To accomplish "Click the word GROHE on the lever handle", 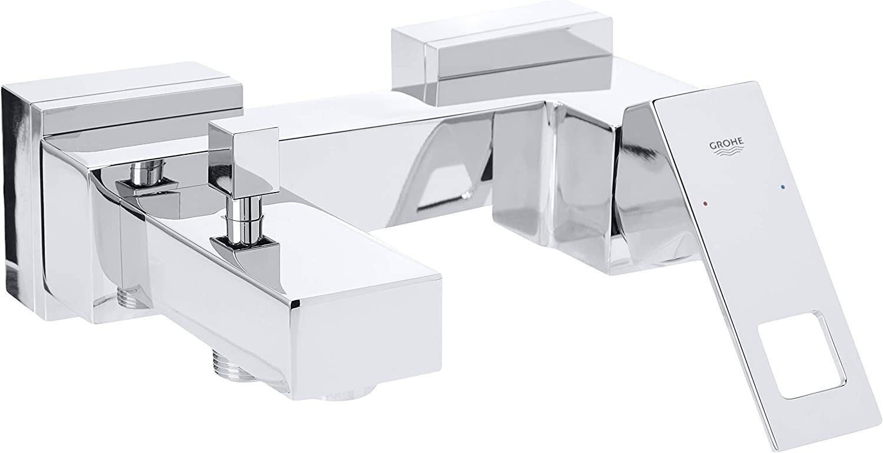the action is pyautogui.click(x=726, y=144).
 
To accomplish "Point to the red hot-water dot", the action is pyautogui.click(x=705, y=205).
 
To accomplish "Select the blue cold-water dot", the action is pyautogui.click(x=782, y=186).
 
